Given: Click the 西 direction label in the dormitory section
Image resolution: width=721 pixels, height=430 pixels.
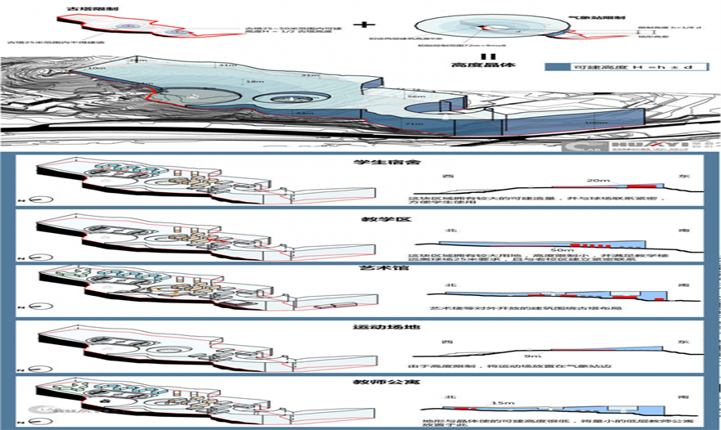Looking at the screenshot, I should [x=446, y=177].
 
